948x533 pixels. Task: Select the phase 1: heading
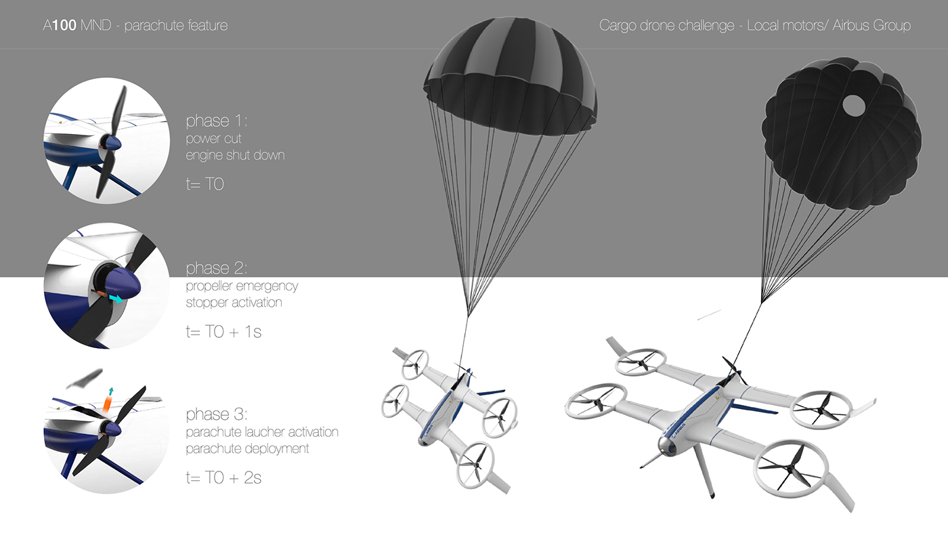[217, 121]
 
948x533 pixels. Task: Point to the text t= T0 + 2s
[223, 477]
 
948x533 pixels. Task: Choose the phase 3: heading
[217, 414]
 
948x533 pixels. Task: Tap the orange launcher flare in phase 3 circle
[107, 404]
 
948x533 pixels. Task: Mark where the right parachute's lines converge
[763, 301]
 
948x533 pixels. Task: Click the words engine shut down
[235, 155]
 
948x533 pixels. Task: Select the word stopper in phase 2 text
[207, 302]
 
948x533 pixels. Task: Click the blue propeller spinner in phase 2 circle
[126, 287]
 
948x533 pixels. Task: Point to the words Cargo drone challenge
[666, 26]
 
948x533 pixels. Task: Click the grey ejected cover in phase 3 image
[86, 378]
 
